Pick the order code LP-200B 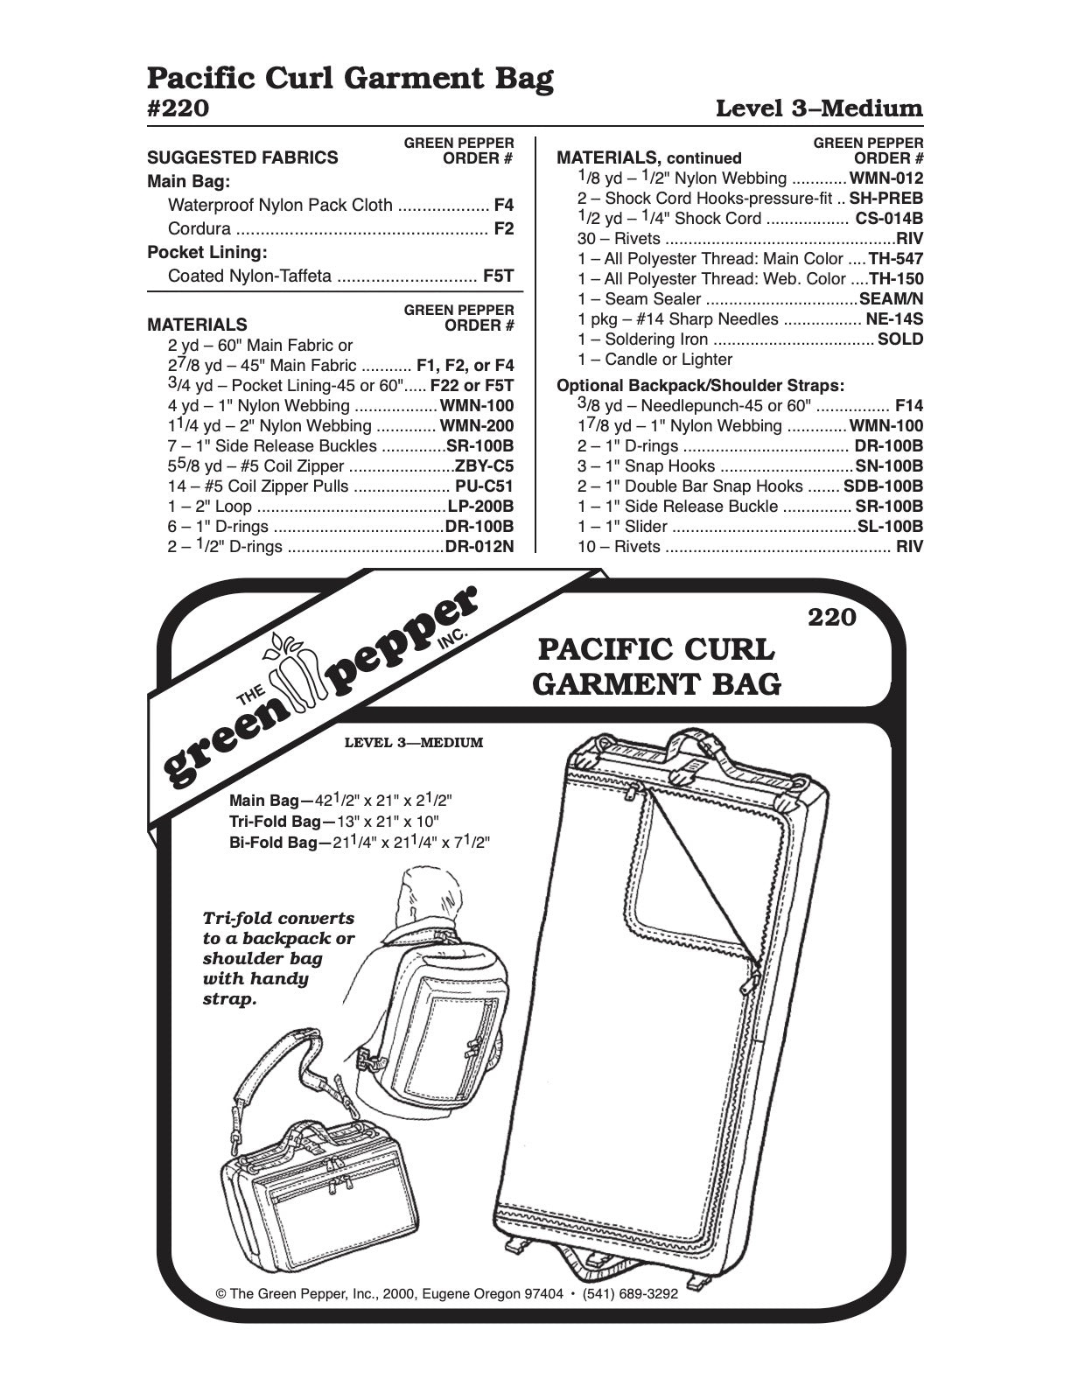click(480, 507)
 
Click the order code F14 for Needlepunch click(908, 406)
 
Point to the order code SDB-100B click(883, 486)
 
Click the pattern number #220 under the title click(178, 108)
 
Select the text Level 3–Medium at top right click(819, 108)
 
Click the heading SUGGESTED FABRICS click(242, 158)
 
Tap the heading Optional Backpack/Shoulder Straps click(701, 386)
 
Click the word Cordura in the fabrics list click(199, 229)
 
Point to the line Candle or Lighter click(655, 360)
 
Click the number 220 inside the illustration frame click(831, 618)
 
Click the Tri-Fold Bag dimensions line click(333, 822)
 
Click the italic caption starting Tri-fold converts click(278, 958)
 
